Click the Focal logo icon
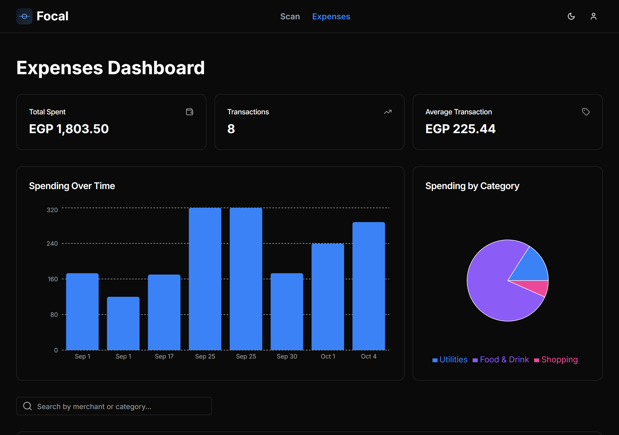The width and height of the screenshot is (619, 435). pos(24,17)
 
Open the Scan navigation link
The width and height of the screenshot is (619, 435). pos(290,17)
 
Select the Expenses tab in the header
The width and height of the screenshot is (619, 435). pos(331,17)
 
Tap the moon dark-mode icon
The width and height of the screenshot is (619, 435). pos(571,17)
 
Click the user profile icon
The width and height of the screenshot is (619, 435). pos(593,17)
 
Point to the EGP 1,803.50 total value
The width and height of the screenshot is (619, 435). pos(69,129)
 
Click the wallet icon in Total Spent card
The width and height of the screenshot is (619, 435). pos(190,112)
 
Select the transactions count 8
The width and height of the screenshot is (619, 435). pos(231,129)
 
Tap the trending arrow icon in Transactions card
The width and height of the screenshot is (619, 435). pos(388,112)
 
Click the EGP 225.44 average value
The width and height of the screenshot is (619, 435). pos(460,129)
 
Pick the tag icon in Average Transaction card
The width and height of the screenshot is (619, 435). pos(586,112)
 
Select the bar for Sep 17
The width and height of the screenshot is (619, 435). pos(164,312)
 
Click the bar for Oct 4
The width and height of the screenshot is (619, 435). pos(368,286)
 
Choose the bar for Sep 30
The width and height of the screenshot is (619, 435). pos(287,312)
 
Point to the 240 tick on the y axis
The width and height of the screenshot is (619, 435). pos(52,244)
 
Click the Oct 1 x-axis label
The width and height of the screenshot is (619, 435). pos(328,356)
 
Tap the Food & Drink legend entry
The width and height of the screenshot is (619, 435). pos(501,360)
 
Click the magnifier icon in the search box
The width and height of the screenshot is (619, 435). pos(27,406)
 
